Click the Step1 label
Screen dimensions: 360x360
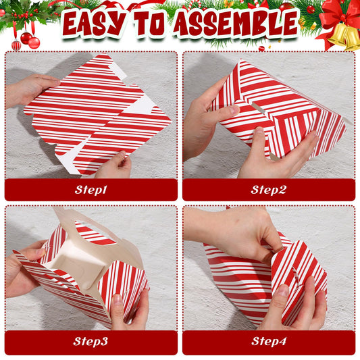91,190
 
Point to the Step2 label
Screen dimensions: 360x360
268,190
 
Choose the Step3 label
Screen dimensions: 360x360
91,342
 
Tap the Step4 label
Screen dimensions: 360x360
268,342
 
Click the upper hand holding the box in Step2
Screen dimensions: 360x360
203,122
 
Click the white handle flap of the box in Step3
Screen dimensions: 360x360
74,220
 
